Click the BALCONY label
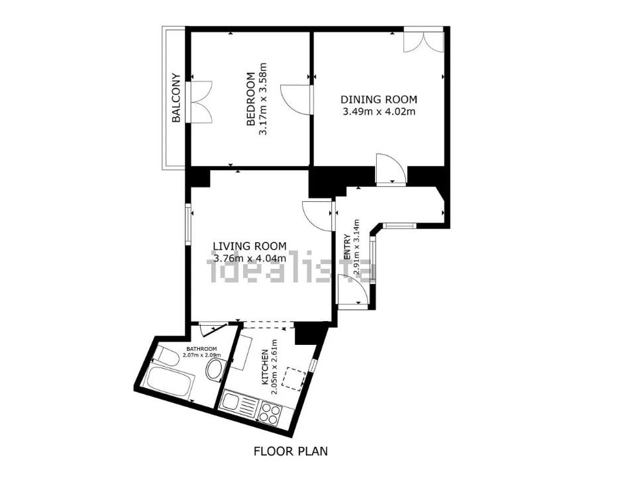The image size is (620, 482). coord(176,97)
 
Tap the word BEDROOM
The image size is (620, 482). coord(250,99)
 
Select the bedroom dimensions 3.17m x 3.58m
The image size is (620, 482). coord(263,99)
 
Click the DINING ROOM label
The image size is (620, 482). coord(379,99)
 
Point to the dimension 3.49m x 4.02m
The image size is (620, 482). coord(379,111)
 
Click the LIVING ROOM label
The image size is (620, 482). coord(250,246)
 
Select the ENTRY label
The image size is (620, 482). coord(348,247)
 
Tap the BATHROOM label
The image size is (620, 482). coord(201,349)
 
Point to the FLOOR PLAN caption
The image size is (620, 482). coord(291,451)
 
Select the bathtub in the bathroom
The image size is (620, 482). coord(169,383)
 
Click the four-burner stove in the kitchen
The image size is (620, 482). coord(270,412)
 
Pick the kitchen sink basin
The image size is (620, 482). coord(229,402)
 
